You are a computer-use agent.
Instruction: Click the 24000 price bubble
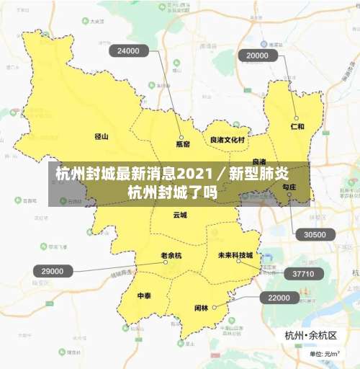click(128, 51)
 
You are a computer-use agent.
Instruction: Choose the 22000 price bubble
click(279, 298)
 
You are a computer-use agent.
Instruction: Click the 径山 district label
click(102, 135)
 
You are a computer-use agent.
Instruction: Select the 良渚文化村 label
click(228, 140)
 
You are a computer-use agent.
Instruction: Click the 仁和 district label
click(297, 126)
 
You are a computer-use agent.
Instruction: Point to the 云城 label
click(179, 215)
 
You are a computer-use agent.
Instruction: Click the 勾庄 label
click(289, 187)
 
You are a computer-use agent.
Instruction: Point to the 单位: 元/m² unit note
click(324, 354)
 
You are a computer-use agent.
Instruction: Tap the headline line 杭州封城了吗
click(172, 192)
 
